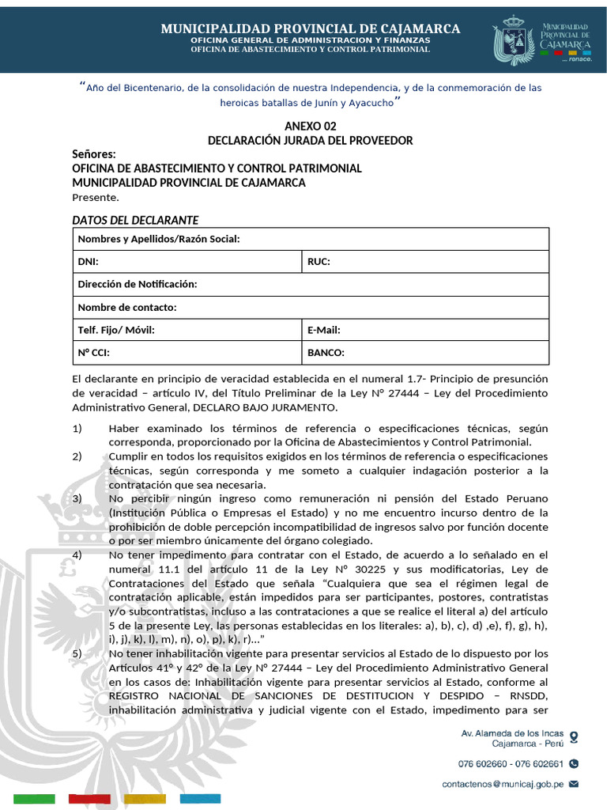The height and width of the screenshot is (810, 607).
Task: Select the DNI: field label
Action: coord(89,262)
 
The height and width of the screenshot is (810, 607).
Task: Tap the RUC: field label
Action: coord(319,262)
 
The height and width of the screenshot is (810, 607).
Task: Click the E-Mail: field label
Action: coord(323,330)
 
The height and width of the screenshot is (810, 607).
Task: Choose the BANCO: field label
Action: coord(326,353)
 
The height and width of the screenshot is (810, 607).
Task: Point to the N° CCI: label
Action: coord(93,353)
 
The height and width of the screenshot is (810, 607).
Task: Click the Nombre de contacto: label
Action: coord(127,307)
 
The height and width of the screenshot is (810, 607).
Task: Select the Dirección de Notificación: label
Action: coord(138,284)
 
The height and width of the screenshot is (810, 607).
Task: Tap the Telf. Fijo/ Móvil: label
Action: coord(116,330)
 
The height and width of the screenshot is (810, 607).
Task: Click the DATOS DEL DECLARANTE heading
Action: coord(135,220)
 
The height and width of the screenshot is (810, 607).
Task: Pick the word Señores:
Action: coord(94,154)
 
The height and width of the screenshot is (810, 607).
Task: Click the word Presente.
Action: coord(96,197)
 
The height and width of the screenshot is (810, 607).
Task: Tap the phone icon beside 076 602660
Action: coord(574,764)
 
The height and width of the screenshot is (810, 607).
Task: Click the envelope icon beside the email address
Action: coord(574,784)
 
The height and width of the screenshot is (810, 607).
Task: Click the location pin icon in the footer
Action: coord(574,737)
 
